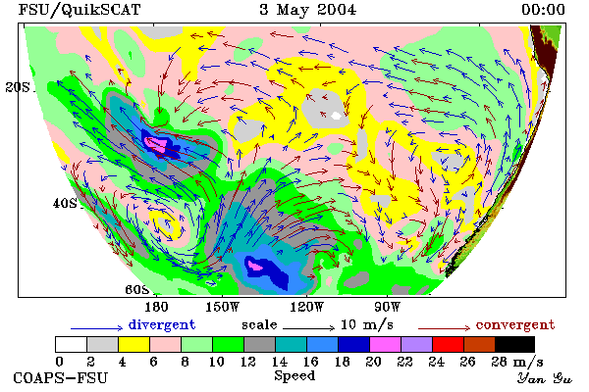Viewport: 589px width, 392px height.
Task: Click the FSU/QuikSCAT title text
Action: [80, 10]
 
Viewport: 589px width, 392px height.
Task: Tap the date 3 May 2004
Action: [307, 10]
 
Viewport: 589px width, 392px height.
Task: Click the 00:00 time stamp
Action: [543, 10]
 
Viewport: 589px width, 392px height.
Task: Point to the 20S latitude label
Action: [18, 87]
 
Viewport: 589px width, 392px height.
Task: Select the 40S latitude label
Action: [65, 203]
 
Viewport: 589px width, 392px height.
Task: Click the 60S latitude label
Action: [137, 290]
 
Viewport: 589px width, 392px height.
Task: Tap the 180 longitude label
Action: [156, 307]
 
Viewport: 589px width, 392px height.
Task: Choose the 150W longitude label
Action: [223, 307]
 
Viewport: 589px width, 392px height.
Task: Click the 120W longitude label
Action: [306, 307]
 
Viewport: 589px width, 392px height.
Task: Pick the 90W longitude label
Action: [387, 307]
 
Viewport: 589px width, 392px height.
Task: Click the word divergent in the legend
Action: [162, 324]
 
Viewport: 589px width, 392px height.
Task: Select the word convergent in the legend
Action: [515, 324]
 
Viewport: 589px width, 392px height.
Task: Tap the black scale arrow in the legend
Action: [308, 328]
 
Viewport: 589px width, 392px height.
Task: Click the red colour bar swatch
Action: [448, 344]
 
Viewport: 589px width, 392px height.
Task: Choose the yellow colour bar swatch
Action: [134, 344]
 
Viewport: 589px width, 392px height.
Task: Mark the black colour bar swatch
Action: [514, 344]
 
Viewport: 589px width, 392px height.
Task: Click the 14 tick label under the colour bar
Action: [279, 362]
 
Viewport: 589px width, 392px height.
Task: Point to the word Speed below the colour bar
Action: [294, 376]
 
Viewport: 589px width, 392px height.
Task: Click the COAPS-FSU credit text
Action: [61, 377]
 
